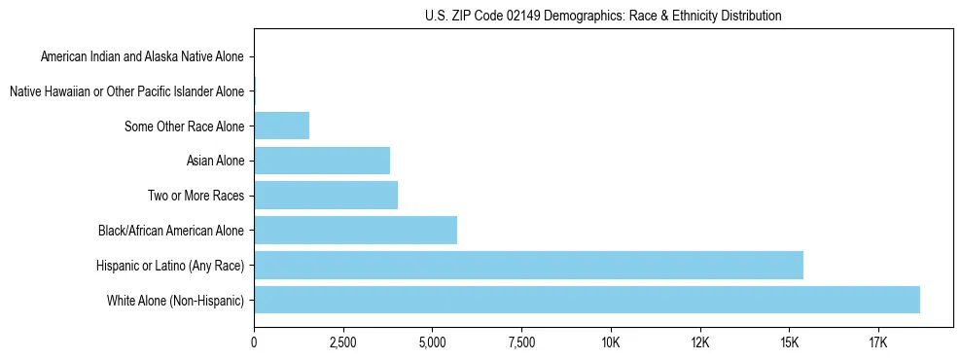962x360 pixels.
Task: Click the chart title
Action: (603, 16)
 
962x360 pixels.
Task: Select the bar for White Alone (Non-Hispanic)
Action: (587, 300)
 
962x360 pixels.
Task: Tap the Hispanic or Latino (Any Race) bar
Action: (528, 265)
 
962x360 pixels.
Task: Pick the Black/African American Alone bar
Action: (355, 231)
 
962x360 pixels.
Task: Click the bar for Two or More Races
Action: (326, 196)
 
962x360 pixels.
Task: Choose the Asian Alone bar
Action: (322, 161)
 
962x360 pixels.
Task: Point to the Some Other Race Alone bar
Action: (281, 126)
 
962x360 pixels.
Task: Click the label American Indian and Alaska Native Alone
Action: (142, 56)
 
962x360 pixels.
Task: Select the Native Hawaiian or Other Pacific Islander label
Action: (126, 91)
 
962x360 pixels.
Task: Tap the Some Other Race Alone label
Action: (185, 126)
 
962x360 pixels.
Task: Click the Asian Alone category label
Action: (215, 161)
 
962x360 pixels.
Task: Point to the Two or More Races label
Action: (196, 196)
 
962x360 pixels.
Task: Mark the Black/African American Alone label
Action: (171, 231)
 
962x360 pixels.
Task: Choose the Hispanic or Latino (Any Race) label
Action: (170, 266)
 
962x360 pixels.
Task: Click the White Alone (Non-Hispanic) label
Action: (176, 301)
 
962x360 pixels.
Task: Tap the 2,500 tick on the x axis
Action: (342, 342)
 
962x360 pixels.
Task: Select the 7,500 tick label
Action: (521, 342)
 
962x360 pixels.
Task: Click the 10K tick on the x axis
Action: (611, 342)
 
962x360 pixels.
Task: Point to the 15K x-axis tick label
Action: (789, 342)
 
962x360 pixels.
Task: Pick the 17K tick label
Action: (878, 342)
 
